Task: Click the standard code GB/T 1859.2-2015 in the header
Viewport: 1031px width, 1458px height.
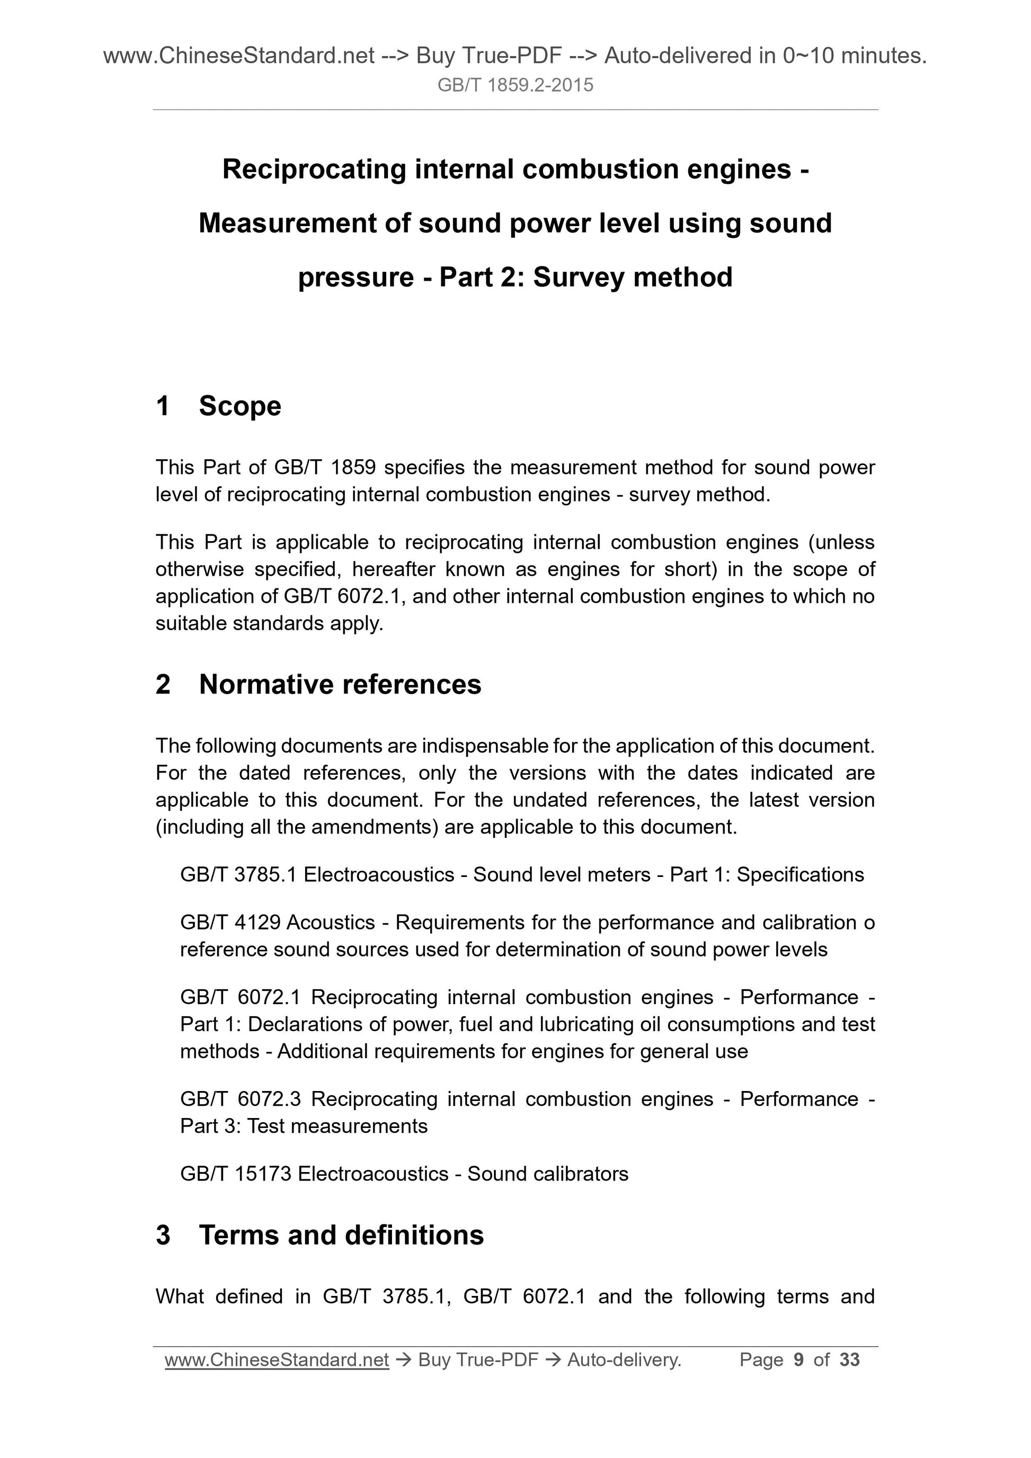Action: pos(515,85)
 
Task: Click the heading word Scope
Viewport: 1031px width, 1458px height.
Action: pos(239,406)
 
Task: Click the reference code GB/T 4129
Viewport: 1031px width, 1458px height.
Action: pos(229,922)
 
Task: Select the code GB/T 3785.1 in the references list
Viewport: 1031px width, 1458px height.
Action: pos(238,874)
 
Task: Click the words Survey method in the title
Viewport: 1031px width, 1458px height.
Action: pos(633,278)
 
